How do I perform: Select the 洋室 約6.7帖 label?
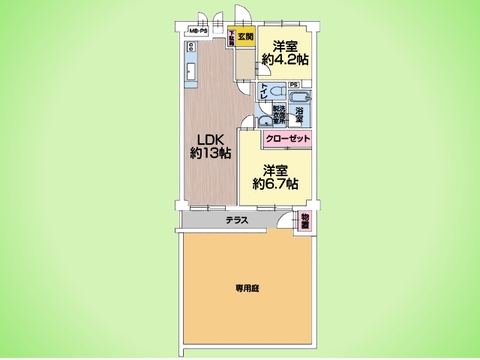276,176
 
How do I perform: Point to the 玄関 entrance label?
246,38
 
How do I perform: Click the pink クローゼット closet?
288,139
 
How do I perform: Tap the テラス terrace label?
237,220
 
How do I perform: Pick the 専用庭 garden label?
247,288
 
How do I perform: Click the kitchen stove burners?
190,50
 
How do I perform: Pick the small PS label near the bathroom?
293,85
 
